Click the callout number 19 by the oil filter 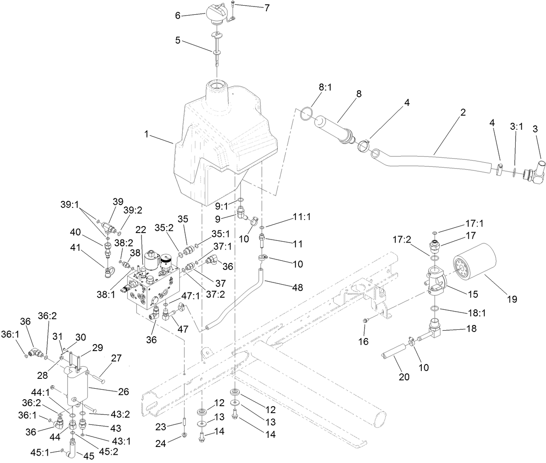pyautogui.click(x=513, y=299)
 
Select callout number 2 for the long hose pyautogui.click(x=463, y=112)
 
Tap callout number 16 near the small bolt pyautogui.click(x=363, y=342)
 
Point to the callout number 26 pyautogui.click(x=124, y=391)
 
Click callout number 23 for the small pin pyautogui.click(x=161, y=427)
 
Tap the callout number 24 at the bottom pyautogui.click(x=161, y=442)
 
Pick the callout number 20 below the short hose pyautogui.click(x=404, y=377)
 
